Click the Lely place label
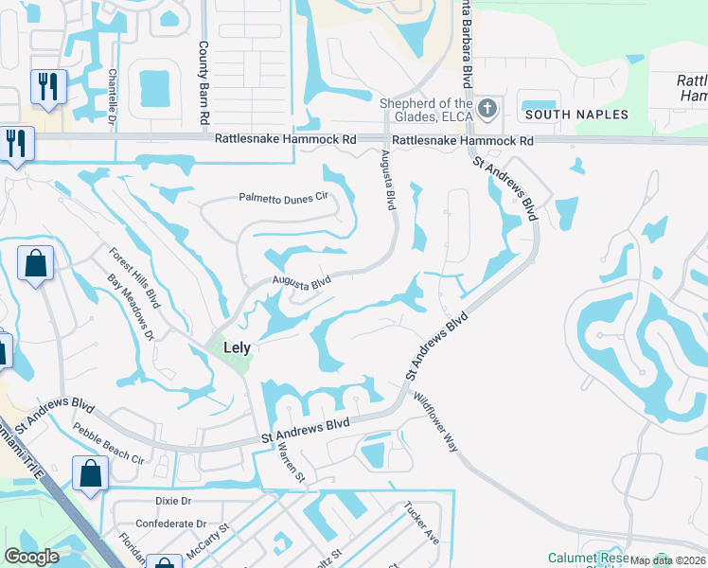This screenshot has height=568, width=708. pos(237,347)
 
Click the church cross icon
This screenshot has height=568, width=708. pos(487,108)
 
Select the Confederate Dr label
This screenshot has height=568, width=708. pos(170,524)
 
